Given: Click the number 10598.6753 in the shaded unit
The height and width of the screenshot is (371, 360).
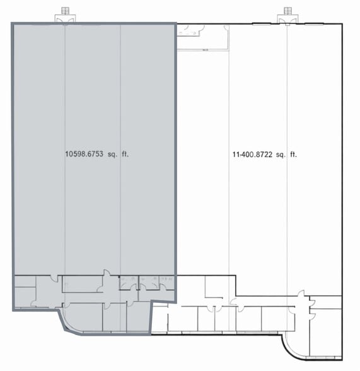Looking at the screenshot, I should [x=86, y=153].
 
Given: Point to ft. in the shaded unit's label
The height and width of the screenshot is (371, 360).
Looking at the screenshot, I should [x=133, y=153].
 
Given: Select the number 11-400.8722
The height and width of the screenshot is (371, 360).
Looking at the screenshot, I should [x=253, y=153].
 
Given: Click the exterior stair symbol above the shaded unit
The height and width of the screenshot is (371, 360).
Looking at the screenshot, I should [x=65, y=11].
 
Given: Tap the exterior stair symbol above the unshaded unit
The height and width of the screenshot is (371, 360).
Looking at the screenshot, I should [x=288, y=11].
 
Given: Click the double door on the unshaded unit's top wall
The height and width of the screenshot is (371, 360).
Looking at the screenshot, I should [x=288, y=21].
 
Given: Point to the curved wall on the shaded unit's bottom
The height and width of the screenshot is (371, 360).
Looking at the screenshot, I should [x=68, y=323].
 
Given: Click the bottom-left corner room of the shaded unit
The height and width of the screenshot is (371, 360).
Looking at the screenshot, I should [x=25, y=297].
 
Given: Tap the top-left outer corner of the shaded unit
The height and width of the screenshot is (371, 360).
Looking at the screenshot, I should [x=13, y=23].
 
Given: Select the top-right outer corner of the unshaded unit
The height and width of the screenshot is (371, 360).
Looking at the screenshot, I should [x=344, y=24].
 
